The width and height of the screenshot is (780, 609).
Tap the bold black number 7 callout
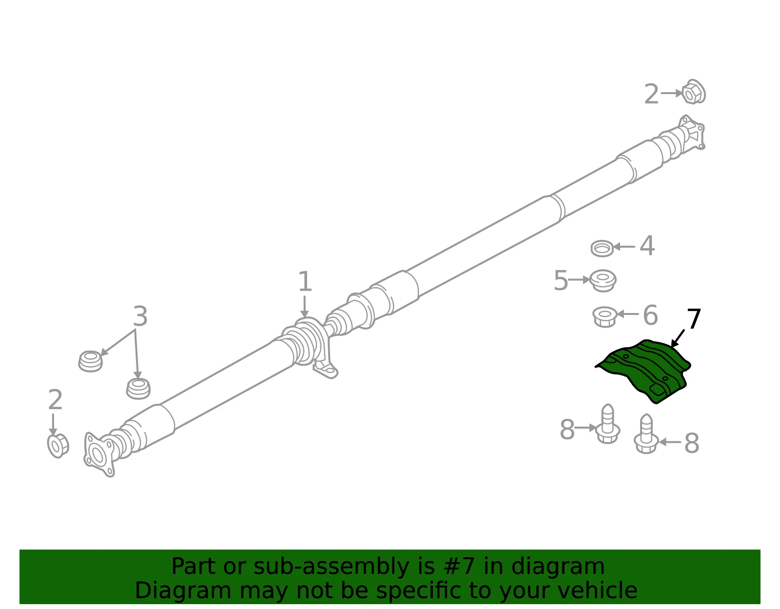[x=694, y=319]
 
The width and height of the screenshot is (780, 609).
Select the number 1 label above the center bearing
[x=305, y=281]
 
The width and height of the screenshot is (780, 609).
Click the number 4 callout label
[x=647, y=246]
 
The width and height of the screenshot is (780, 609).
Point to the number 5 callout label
[x=561, y=280]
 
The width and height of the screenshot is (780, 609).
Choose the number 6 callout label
[x=650, y=315]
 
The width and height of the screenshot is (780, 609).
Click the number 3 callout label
[x=140, y=316]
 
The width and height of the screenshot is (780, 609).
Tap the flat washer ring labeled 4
[x=602, y=248]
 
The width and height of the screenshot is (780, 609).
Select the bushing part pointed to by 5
[x=603, y=280]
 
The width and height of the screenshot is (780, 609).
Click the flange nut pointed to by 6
[x=604, y=316]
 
